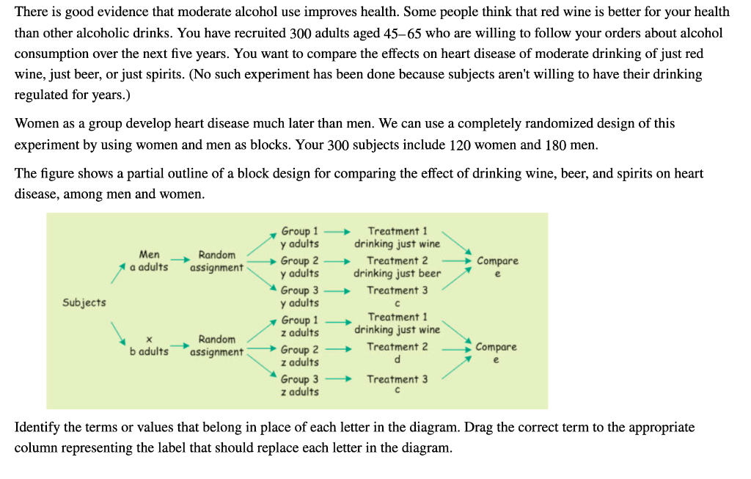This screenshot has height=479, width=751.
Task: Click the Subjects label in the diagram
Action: [84, 302]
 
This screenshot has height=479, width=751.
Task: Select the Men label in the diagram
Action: [149, 255]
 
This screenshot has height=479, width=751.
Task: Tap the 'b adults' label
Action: [149, 351]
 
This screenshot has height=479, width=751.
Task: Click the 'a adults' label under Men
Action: [149, 267]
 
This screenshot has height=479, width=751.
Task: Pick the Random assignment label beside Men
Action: [217, 261]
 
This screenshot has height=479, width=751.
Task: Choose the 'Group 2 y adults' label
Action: [300, 267]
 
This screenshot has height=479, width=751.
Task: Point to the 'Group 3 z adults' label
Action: [300, 386]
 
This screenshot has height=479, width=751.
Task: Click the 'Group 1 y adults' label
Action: [300, 237]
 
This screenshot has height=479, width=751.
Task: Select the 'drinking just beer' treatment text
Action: [397, 274]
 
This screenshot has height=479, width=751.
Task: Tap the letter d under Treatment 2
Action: [397, 359]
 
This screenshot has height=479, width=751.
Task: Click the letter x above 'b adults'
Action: [149, 339]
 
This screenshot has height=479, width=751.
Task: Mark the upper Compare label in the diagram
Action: [497, 261]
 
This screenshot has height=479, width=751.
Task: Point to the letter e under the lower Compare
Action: [497, 359]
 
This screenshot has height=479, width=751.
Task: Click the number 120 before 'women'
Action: [460, 145]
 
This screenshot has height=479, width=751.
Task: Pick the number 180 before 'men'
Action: [555, 145]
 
